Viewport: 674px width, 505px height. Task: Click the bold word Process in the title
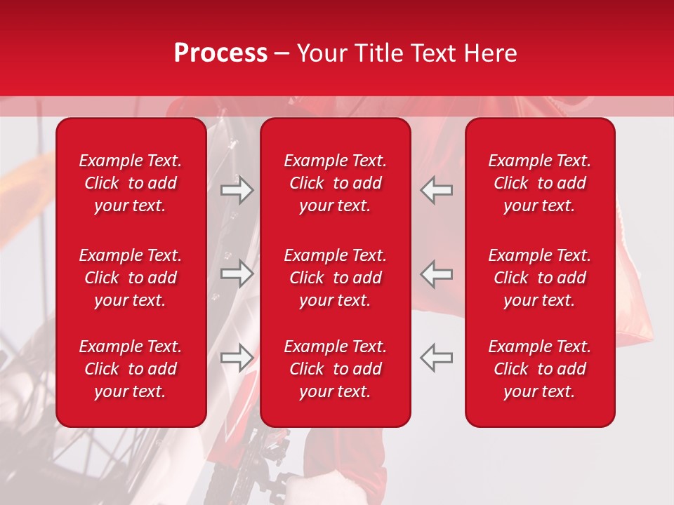[x=220, y=53]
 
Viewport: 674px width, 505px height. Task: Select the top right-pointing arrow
[x=237, y=190]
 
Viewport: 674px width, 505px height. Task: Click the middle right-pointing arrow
[x=237, y=274]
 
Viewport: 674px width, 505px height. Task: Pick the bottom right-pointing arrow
[x=237, y=357]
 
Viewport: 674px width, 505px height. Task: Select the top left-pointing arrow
[x=436, y=190]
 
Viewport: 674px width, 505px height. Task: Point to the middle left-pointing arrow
[x=436, y=274]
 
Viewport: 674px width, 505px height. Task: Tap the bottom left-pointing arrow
[x=436, y=357]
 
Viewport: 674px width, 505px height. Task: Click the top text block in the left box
[x=131, y=183]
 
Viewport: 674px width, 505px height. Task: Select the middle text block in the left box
[x=131, y=278]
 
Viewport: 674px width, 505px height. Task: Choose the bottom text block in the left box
[x=131, y=369]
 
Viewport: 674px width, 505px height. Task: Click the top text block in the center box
[x=336, y=183]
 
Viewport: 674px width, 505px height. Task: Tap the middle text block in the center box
[x=336, y=278]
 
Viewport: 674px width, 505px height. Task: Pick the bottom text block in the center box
[x=336, y=369]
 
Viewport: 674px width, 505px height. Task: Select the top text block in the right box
[x=540, y=183]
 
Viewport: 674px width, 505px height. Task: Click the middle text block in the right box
[x=540, y=278]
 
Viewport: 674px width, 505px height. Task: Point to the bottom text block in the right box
[x=540, y=369]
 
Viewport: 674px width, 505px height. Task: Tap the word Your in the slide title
[x=322, y=53]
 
